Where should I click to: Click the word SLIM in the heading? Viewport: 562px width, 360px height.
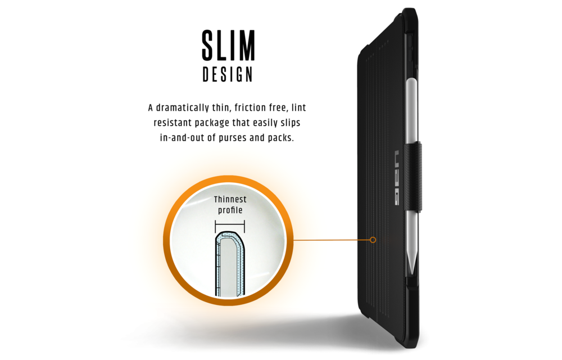point(228,46)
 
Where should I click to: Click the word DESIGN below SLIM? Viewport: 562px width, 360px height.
point(228,74)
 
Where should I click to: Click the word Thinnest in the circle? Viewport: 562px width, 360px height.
point(230,199)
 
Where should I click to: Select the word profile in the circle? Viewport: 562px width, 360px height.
point(230,210)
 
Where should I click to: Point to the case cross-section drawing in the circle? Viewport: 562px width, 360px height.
point(230,264)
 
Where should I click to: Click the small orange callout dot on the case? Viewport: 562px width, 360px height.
point(373,240)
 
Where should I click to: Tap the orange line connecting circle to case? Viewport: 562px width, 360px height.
point(332,240)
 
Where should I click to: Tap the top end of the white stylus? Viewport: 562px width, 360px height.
point(411,79)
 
